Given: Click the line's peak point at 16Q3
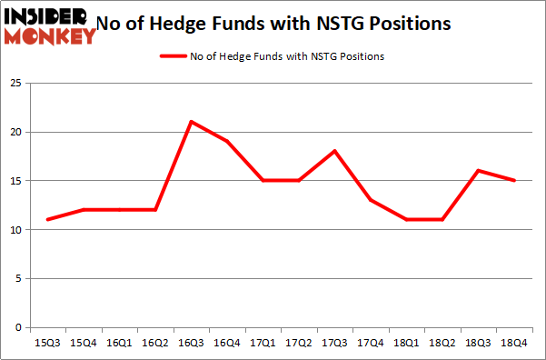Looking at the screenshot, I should (x=191, y=122).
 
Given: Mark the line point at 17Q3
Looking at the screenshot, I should (x=334, y=151).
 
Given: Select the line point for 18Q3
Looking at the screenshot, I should (x=478, y=170).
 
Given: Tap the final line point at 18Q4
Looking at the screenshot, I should (x=514, y=180).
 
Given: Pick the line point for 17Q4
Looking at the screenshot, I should (x=371, y=200).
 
